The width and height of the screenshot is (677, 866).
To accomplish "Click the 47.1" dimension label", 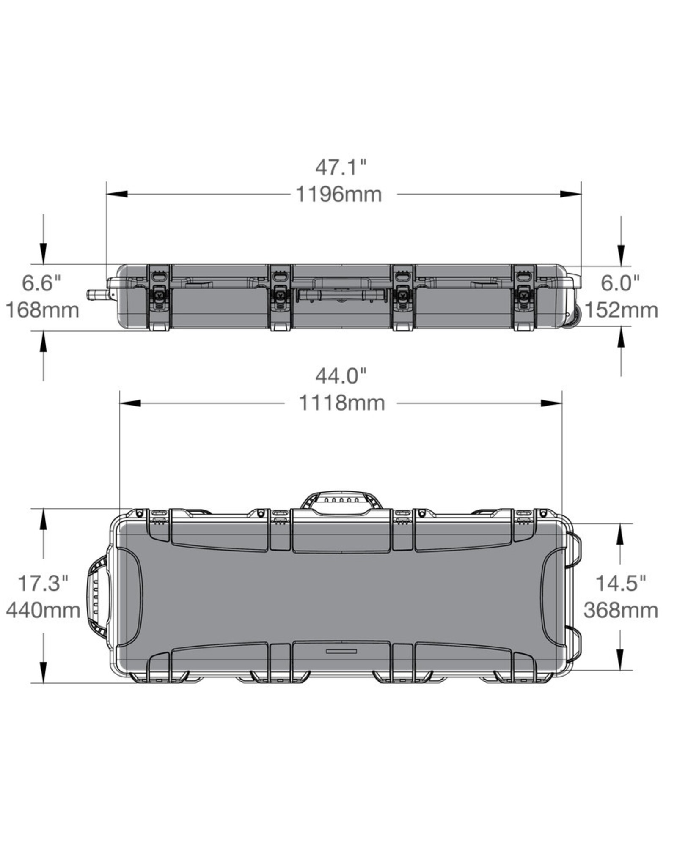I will point(340,168).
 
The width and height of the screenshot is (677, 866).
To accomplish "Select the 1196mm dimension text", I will point(338,195).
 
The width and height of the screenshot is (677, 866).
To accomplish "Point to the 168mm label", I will point(42,310).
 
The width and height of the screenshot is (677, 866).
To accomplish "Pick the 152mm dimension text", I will point(621,310).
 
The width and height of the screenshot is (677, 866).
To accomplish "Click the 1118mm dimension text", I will point(342,403).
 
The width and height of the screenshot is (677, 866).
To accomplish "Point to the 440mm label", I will point(43,610).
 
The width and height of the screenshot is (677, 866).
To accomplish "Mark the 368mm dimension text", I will point(621,610).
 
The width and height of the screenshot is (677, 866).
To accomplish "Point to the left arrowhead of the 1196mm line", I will point(117,194).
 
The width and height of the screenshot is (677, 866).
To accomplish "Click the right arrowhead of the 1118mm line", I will point(551,403).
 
